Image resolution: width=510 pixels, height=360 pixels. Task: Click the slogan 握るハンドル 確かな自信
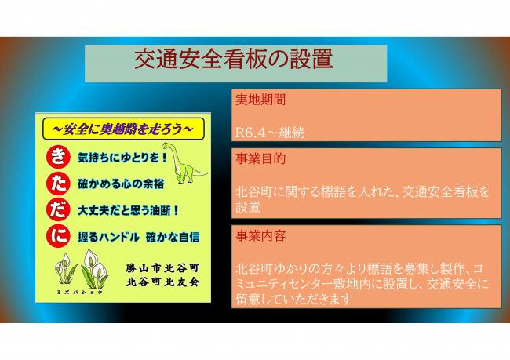(x=139, y=236)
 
